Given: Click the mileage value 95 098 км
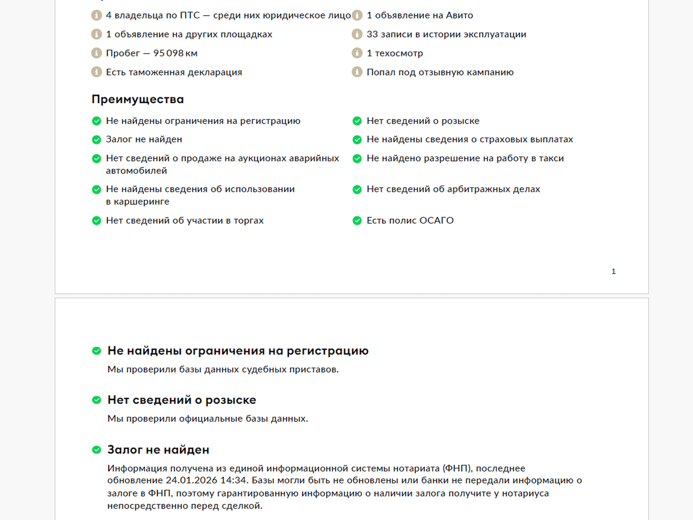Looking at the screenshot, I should tap(175, 53).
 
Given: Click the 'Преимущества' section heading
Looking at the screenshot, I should tap(138, 99).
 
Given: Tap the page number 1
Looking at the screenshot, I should tap(613, 272).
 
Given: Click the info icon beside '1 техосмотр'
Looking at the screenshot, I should tap(357, 53).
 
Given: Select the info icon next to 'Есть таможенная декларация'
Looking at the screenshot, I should tap(96, 72).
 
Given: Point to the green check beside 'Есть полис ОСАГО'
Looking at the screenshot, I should tap(357, 221).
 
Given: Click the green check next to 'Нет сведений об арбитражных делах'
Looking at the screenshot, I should tap(357, 190).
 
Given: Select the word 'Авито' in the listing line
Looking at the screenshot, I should tap(459, 16).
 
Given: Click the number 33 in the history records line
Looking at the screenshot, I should tap(372, 34).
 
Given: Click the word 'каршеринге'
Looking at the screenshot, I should tap(141, 202).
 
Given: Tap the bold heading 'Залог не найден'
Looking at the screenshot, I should tap(158, 450).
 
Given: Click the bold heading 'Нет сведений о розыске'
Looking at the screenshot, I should tap(182, 400).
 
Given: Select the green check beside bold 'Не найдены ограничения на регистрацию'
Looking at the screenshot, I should tap(96, 351).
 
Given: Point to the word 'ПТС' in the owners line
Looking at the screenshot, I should tap(190, 16).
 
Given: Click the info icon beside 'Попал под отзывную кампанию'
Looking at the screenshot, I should tap(357, 72).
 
